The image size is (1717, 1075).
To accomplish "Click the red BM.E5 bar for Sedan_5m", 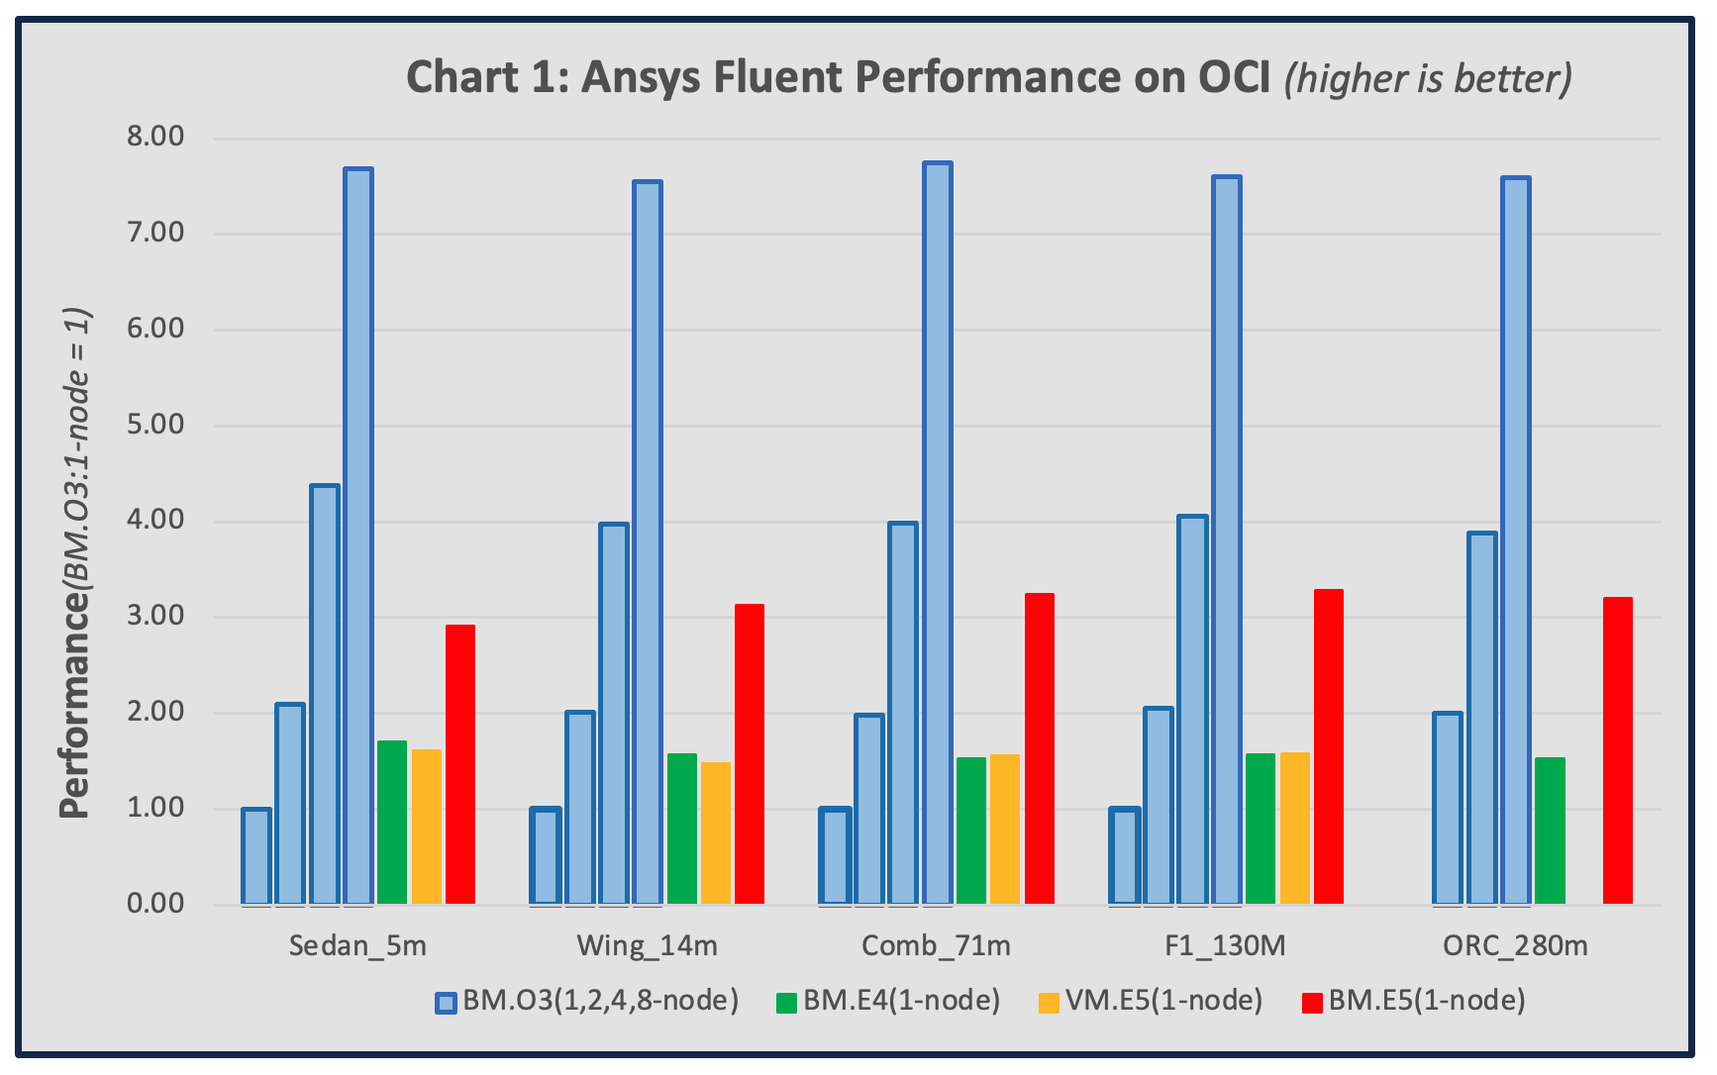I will coord(460,764).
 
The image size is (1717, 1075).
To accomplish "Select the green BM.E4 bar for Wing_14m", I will coord(682,829).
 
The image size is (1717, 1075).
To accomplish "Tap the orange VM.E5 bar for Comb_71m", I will coord(1005,830).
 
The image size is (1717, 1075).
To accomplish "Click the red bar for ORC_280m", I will coord(1618,750).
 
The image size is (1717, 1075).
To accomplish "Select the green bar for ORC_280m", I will coord(1551,831).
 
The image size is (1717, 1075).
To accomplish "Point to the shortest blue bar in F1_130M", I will coord(1125,856).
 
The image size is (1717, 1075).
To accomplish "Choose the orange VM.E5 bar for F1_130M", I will coord(1295,829).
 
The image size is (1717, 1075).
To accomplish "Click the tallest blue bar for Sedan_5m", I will coord(358,536).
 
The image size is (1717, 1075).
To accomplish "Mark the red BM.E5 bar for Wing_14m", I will coord(750,754).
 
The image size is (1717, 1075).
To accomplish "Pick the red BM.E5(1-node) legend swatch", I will coord(1312,1003).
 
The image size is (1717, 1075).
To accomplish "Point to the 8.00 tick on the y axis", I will coord(155,137).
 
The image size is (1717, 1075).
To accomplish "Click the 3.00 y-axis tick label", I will coord(155,616).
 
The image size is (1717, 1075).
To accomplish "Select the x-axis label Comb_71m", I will coord(936,946).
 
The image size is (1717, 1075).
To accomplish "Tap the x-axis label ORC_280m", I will coord(1515,946).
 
